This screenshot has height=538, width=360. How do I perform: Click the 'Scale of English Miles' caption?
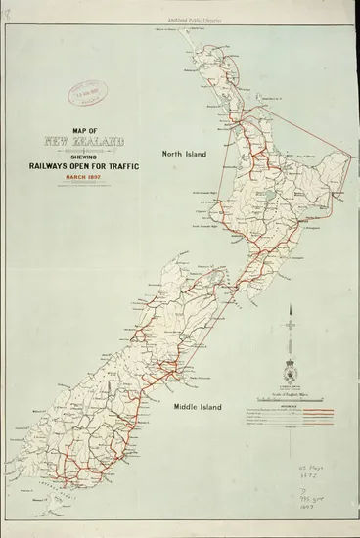291,393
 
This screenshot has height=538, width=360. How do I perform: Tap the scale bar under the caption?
291,401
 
